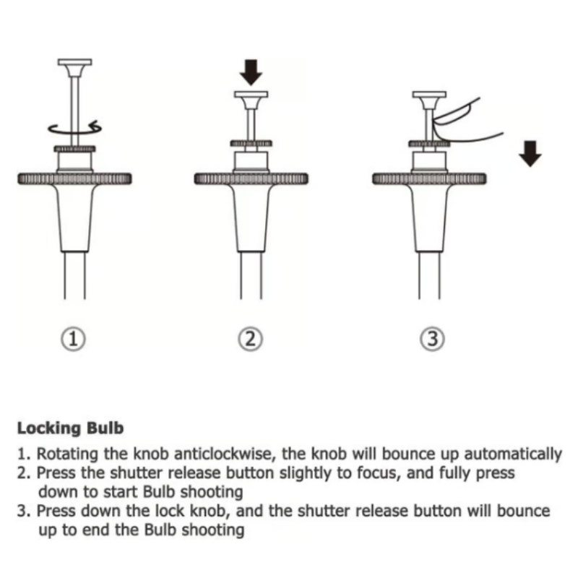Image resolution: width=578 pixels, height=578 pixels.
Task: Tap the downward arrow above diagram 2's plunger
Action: (x=251, y=72)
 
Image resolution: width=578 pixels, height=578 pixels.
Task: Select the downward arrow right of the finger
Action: (x=531, y=153)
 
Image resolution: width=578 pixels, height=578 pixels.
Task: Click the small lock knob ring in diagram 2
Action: (x=251, y=143)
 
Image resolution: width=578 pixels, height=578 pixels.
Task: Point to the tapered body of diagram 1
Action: (x=75, y=217)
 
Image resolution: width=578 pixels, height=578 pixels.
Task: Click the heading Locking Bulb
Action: (x=70, y=428)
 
